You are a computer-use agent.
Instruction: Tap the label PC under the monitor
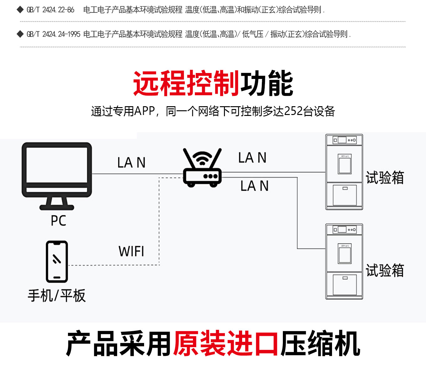59,221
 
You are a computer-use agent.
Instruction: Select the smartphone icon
57,262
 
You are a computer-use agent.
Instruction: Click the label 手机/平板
57,295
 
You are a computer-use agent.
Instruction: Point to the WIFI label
131,251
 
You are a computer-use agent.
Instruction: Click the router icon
202,168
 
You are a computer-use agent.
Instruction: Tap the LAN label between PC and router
131,163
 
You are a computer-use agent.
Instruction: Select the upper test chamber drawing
344,172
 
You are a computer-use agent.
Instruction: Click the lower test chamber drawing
344,261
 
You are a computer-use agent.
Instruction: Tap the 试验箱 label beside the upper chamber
385,178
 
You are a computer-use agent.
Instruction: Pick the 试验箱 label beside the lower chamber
385,270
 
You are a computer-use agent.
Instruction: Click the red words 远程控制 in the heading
186,83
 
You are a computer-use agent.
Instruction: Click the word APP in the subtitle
144,111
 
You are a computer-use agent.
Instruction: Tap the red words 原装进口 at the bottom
226,343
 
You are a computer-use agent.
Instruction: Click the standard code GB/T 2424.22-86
50,10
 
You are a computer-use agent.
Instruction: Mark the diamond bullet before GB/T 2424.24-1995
20,34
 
